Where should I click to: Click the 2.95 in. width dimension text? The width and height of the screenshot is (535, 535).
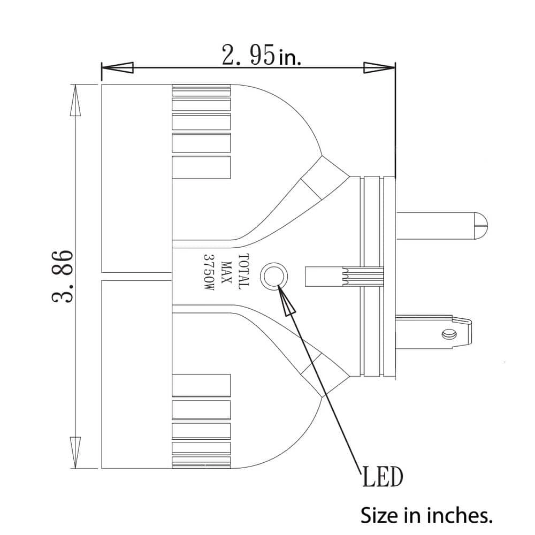262,55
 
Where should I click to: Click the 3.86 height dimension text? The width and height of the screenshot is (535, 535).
63,276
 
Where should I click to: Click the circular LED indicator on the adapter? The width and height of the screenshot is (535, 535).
273,276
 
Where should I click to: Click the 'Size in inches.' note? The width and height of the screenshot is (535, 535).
426,516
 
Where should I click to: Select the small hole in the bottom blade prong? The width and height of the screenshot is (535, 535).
447,334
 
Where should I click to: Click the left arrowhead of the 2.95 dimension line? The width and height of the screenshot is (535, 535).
118,68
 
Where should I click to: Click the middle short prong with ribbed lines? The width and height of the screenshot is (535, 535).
342,276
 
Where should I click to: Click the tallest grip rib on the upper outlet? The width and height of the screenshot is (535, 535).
201,167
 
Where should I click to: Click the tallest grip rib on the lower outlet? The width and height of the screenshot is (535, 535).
201,385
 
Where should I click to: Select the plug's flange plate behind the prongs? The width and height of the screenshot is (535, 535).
388,276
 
